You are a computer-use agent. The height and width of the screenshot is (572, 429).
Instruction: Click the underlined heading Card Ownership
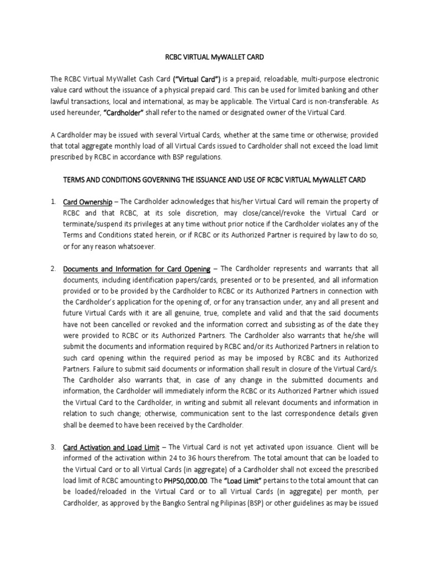(x=88, y=202)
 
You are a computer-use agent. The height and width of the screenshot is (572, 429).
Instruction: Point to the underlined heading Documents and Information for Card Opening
(x=137, y=269)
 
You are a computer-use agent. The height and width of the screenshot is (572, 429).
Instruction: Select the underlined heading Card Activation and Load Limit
(x=111, y=447)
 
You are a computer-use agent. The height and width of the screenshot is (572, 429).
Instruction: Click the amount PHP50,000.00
(x=186, y=481)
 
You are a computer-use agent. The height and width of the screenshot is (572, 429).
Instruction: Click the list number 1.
(x=53, y=202)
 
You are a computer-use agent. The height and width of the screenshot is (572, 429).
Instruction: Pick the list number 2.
(x=53, y=269)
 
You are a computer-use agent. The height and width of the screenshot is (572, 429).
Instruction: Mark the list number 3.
(x=53, y=447)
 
